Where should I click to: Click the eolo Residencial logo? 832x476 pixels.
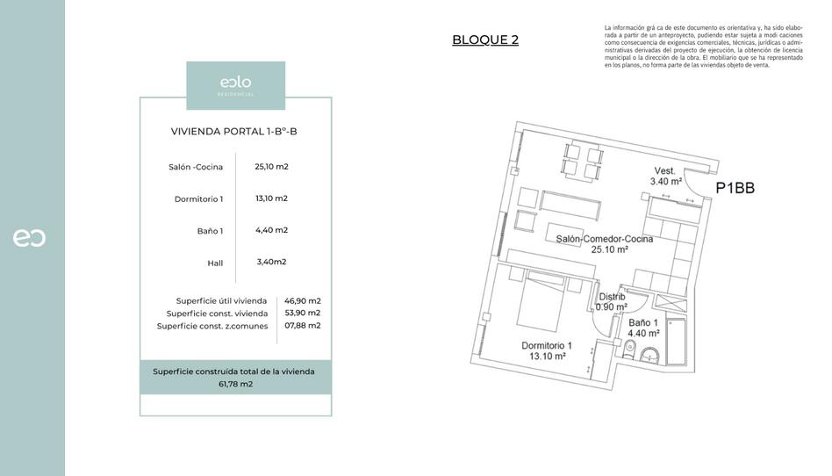(x=235, y=85)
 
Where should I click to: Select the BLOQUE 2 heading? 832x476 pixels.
(x=485, y=40)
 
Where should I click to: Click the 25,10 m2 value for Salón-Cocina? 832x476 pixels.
(x=271, y=166)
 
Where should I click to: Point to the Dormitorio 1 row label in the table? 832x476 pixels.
(x=198, y=199)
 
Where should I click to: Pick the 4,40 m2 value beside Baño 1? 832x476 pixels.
(x=271, y=230)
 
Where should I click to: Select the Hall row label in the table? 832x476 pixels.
(x=215, y=263)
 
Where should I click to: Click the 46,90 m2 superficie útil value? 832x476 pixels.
(x=302, y=300)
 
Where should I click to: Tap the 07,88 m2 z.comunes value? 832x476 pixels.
(x=302, y=325)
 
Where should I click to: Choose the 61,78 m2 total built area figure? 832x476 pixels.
(x=235, y=384)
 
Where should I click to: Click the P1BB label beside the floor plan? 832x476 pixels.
(x=735, y=187)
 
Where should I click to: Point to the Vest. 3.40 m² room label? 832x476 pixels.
(x=665, y=176)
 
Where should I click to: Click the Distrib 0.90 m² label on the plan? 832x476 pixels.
(x=611, y=301)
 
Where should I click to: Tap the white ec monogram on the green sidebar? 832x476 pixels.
(x=29, y=237)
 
